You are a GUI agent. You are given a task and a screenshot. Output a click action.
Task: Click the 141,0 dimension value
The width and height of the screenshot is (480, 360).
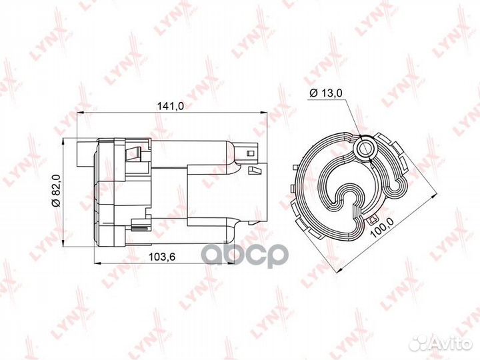pos(170,106)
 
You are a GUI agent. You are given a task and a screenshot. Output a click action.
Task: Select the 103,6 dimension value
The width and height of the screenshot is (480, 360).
pos(161,257)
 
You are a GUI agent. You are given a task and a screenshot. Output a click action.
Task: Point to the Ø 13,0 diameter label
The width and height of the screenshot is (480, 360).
pos(326,93)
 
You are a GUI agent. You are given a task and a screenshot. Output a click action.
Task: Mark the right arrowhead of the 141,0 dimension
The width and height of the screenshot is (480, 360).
pos(264,113)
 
